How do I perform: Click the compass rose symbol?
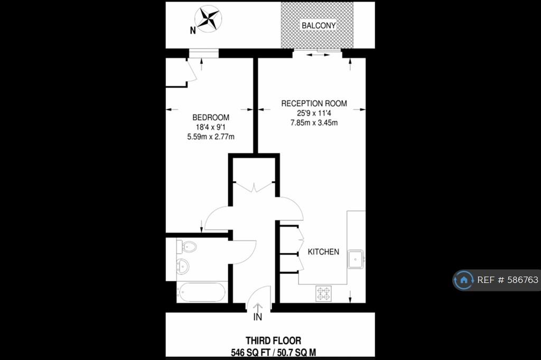tap(208, 20)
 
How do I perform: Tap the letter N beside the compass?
tap(193, 31)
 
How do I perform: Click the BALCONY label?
tap(319, 25)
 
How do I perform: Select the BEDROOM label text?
tap(211, 118)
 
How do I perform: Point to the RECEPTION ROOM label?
tap(314, 103)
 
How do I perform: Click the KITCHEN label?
tap(323, 252)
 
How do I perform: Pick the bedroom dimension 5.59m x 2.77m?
tap(211, 137)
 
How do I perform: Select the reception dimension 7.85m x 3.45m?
tap(314, 123)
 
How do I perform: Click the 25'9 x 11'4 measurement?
tap(314, 113)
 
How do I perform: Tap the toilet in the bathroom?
tap(187, 247)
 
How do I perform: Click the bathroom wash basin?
tap(182, 266)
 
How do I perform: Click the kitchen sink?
tap(356, 259)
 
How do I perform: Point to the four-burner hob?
tap(323, 293)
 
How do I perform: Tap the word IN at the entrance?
tap(258, 317)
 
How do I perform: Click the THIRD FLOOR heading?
tap(273, 340)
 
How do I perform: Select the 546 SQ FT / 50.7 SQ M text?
tap(273, 353)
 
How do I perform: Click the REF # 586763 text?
tap(508, 280)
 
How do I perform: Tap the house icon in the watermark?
tap(464, 280)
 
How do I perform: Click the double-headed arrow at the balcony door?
tap(318, 54)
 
